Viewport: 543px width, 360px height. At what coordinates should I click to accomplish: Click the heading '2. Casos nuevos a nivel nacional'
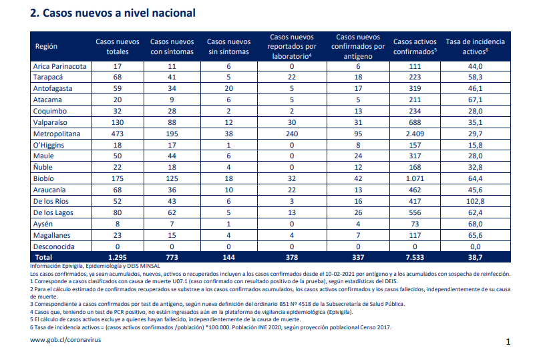113,13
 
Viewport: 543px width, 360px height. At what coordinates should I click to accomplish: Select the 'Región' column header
46,46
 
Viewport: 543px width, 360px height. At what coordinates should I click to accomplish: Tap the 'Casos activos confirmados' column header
415,46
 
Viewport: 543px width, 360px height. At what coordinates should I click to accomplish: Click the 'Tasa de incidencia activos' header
475,46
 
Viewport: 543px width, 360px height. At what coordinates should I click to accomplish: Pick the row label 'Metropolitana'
57,134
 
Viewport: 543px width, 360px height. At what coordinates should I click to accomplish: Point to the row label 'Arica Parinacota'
59,66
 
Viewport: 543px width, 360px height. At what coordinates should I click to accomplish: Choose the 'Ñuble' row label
43,167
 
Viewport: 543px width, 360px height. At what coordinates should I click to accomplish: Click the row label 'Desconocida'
53,246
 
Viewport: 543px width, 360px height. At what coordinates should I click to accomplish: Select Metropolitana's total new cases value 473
118,134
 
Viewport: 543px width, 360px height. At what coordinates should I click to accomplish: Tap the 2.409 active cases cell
415,134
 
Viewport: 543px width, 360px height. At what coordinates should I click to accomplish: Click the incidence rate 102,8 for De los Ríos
475,201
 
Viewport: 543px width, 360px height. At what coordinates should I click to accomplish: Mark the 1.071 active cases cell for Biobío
415,178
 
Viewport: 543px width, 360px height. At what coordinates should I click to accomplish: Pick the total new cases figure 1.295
118,257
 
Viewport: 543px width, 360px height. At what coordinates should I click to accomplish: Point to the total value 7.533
415,257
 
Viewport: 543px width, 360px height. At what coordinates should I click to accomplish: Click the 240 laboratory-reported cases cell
292,134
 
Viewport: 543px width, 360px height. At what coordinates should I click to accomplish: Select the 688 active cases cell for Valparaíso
415,122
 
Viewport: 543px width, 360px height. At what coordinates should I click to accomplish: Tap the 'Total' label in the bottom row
43,257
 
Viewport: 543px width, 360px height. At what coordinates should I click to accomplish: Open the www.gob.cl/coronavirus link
65,340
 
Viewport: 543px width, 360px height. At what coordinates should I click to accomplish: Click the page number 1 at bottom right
508,342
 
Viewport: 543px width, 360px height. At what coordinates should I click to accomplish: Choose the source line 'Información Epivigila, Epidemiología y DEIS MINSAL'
95,266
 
